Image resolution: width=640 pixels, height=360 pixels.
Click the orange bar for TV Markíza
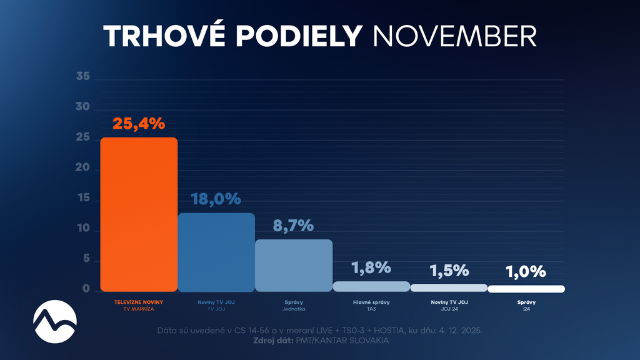pyautogui.click(x=139, y=214)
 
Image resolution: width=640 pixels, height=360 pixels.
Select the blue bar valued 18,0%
pyautogui.click(x=216, y=252)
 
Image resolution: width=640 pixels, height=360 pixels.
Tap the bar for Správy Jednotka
pyautogui.click(x=293, y=265)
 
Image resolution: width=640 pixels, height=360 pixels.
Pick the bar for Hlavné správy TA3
pyautogui.click(x=371, y=286)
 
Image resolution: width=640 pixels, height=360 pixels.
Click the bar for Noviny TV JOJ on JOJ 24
pyautogui.click(x=448, y=287)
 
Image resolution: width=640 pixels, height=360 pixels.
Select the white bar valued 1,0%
pyautogui.click(x=526, y=289)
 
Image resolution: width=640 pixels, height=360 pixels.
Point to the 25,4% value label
pyautogui.click(x=139, y=123)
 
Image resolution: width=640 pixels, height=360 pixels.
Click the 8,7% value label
pyautogui.click(x=293, y=226)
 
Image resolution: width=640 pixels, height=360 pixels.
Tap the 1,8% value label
pyautogui.click(x=371, y=268)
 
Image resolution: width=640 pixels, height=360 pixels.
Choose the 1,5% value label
pyautogui.click(x=448, y=271)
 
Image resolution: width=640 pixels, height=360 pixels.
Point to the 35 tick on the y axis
pyautogui.click(x=83, y=77)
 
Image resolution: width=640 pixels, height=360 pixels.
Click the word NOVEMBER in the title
pyautogui.click(x=454, y=36)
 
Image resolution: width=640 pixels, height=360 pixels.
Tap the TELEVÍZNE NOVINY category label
pyautogui.click(x=139, y=302)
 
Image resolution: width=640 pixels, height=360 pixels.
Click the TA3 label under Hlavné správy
pyautogui.click(x=371, y=309)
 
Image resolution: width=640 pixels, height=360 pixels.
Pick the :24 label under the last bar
pyautogui.click(x=526, y=309)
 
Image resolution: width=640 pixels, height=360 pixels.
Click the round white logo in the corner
pyautogui.click(x=55, y=321)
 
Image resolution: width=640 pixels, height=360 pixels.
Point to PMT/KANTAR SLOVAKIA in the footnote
pyautogui.click(x=349, y=341)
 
